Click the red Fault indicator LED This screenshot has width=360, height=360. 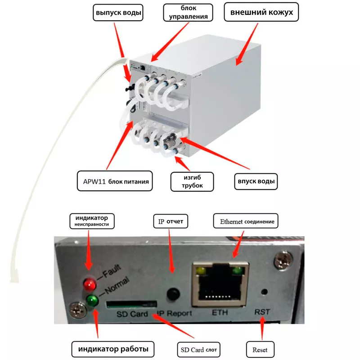click(x=89, y=284)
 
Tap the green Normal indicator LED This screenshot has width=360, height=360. click(x=92, y=301)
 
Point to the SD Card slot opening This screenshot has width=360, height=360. click(x=131, y=305)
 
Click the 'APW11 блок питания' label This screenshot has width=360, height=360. click(x=114, y=181)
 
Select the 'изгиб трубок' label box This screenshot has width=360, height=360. click(x=192, y=181)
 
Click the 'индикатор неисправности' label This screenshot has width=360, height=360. click(x=92, y=220)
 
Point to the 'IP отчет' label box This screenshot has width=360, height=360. click(x=171, y=221)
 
